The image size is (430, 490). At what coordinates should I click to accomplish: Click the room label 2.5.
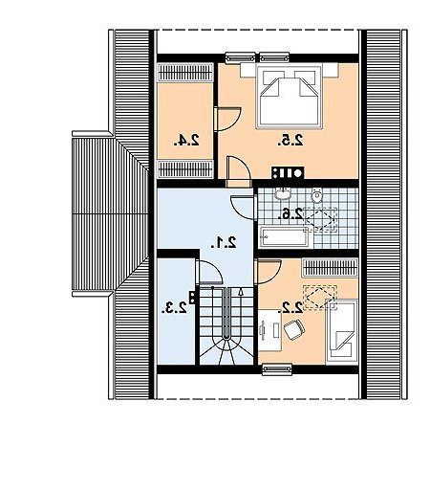tap(290, 141)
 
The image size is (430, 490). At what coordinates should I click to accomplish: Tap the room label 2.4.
tap(186, 141)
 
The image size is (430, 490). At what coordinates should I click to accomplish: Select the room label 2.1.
tap(224, 243)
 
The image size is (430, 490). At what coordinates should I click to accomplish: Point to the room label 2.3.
tap(174, 308)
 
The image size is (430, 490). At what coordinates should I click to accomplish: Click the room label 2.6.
tap(290, 213)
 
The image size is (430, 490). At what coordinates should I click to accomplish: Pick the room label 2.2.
tap(290, 307)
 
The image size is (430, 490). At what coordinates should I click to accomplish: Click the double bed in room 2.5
tap(290, 97)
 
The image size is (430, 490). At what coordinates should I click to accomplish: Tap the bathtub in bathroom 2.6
tap(285, 236)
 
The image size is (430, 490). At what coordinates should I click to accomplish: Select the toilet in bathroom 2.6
tap(317, 196)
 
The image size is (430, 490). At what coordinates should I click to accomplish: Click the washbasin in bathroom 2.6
tap(283, 193)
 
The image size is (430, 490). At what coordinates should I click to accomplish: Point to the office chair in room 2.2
tap(294, 329)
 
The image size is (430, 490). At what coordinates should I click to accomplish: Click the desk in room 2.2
tap(269, 330)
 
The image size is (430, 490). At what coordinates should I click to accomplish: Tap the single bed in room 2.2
tap(342, 332)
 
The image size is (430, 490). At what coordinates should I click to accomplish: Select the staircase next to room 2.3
tap(226, 325)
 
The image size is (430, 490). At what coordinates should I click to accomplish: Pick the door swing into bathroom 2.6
tap(243, 208)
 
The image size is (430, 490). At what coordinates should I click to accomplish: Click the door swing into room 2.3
tap(209, 272)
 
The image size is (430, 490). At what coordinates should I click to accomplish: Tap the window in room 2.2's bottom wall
tap(277, 369)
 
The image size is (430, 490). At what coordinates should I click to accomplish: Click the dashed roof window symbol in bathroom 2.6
tap(319, 219)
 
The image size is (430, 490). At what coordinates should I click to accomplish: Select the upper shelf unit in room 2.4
tap(185, 73)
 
